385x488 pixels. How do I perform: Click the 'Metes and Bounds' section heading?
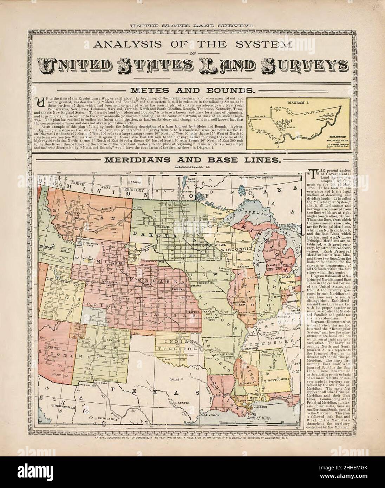coord(192,90)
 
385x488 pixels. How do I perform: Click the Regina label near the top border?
coord(135,182)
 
